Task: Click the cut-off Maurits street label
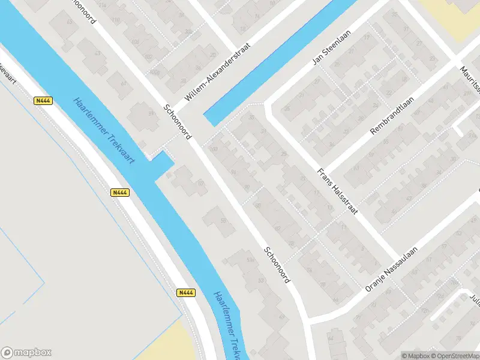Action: point(471,82)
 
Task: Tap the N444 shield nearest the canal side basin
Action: point(120,193)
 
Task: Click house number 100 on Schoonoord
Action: point(214,149)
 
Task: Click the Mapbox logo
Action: point(26,353)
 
